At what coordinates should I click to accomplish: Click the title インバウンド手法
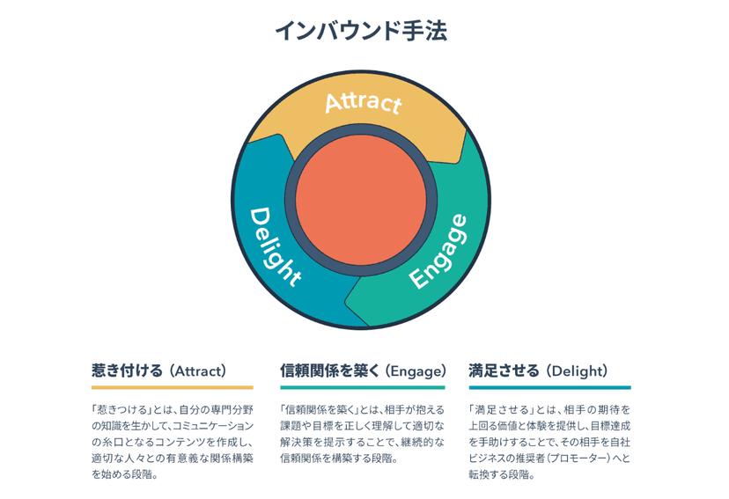361,31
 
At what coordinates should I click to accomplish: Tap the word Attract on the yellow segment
363,103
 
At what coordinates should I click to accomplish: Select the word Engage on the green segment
438,252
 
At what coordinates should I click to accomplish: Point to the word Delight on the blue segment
276,246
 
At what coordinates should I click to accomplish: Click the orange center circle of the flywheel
361,200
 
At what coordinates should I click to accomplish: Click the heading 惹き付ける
127,371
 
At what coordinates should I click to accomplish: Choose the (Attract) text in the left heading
197,371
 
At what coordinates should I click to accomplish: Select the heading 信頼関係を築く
330,371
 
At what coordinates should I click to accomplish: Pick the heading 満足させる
504,371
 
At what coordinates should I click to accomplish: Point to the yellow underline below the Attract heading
173,387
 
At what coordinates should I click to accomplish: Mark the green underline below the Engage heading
363,387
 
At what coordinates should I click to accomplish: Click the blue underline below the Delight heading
550,387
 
